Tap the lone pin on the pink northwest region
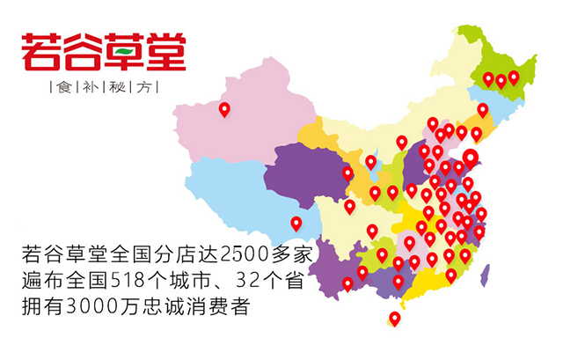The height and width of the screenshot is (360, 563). tap(224, 109)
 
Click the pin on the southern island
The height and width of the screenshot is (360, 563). tap(394, 319)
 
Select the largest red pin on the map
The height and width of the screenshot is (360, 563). tap(471, 158)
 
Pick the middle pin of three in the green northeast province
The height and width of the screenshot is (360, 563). tap(501, 80)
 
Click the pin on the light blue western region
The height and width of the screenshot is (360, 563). tap(296, 223)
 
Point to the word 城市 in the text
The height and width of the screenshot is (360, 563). tap(207, 284)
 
